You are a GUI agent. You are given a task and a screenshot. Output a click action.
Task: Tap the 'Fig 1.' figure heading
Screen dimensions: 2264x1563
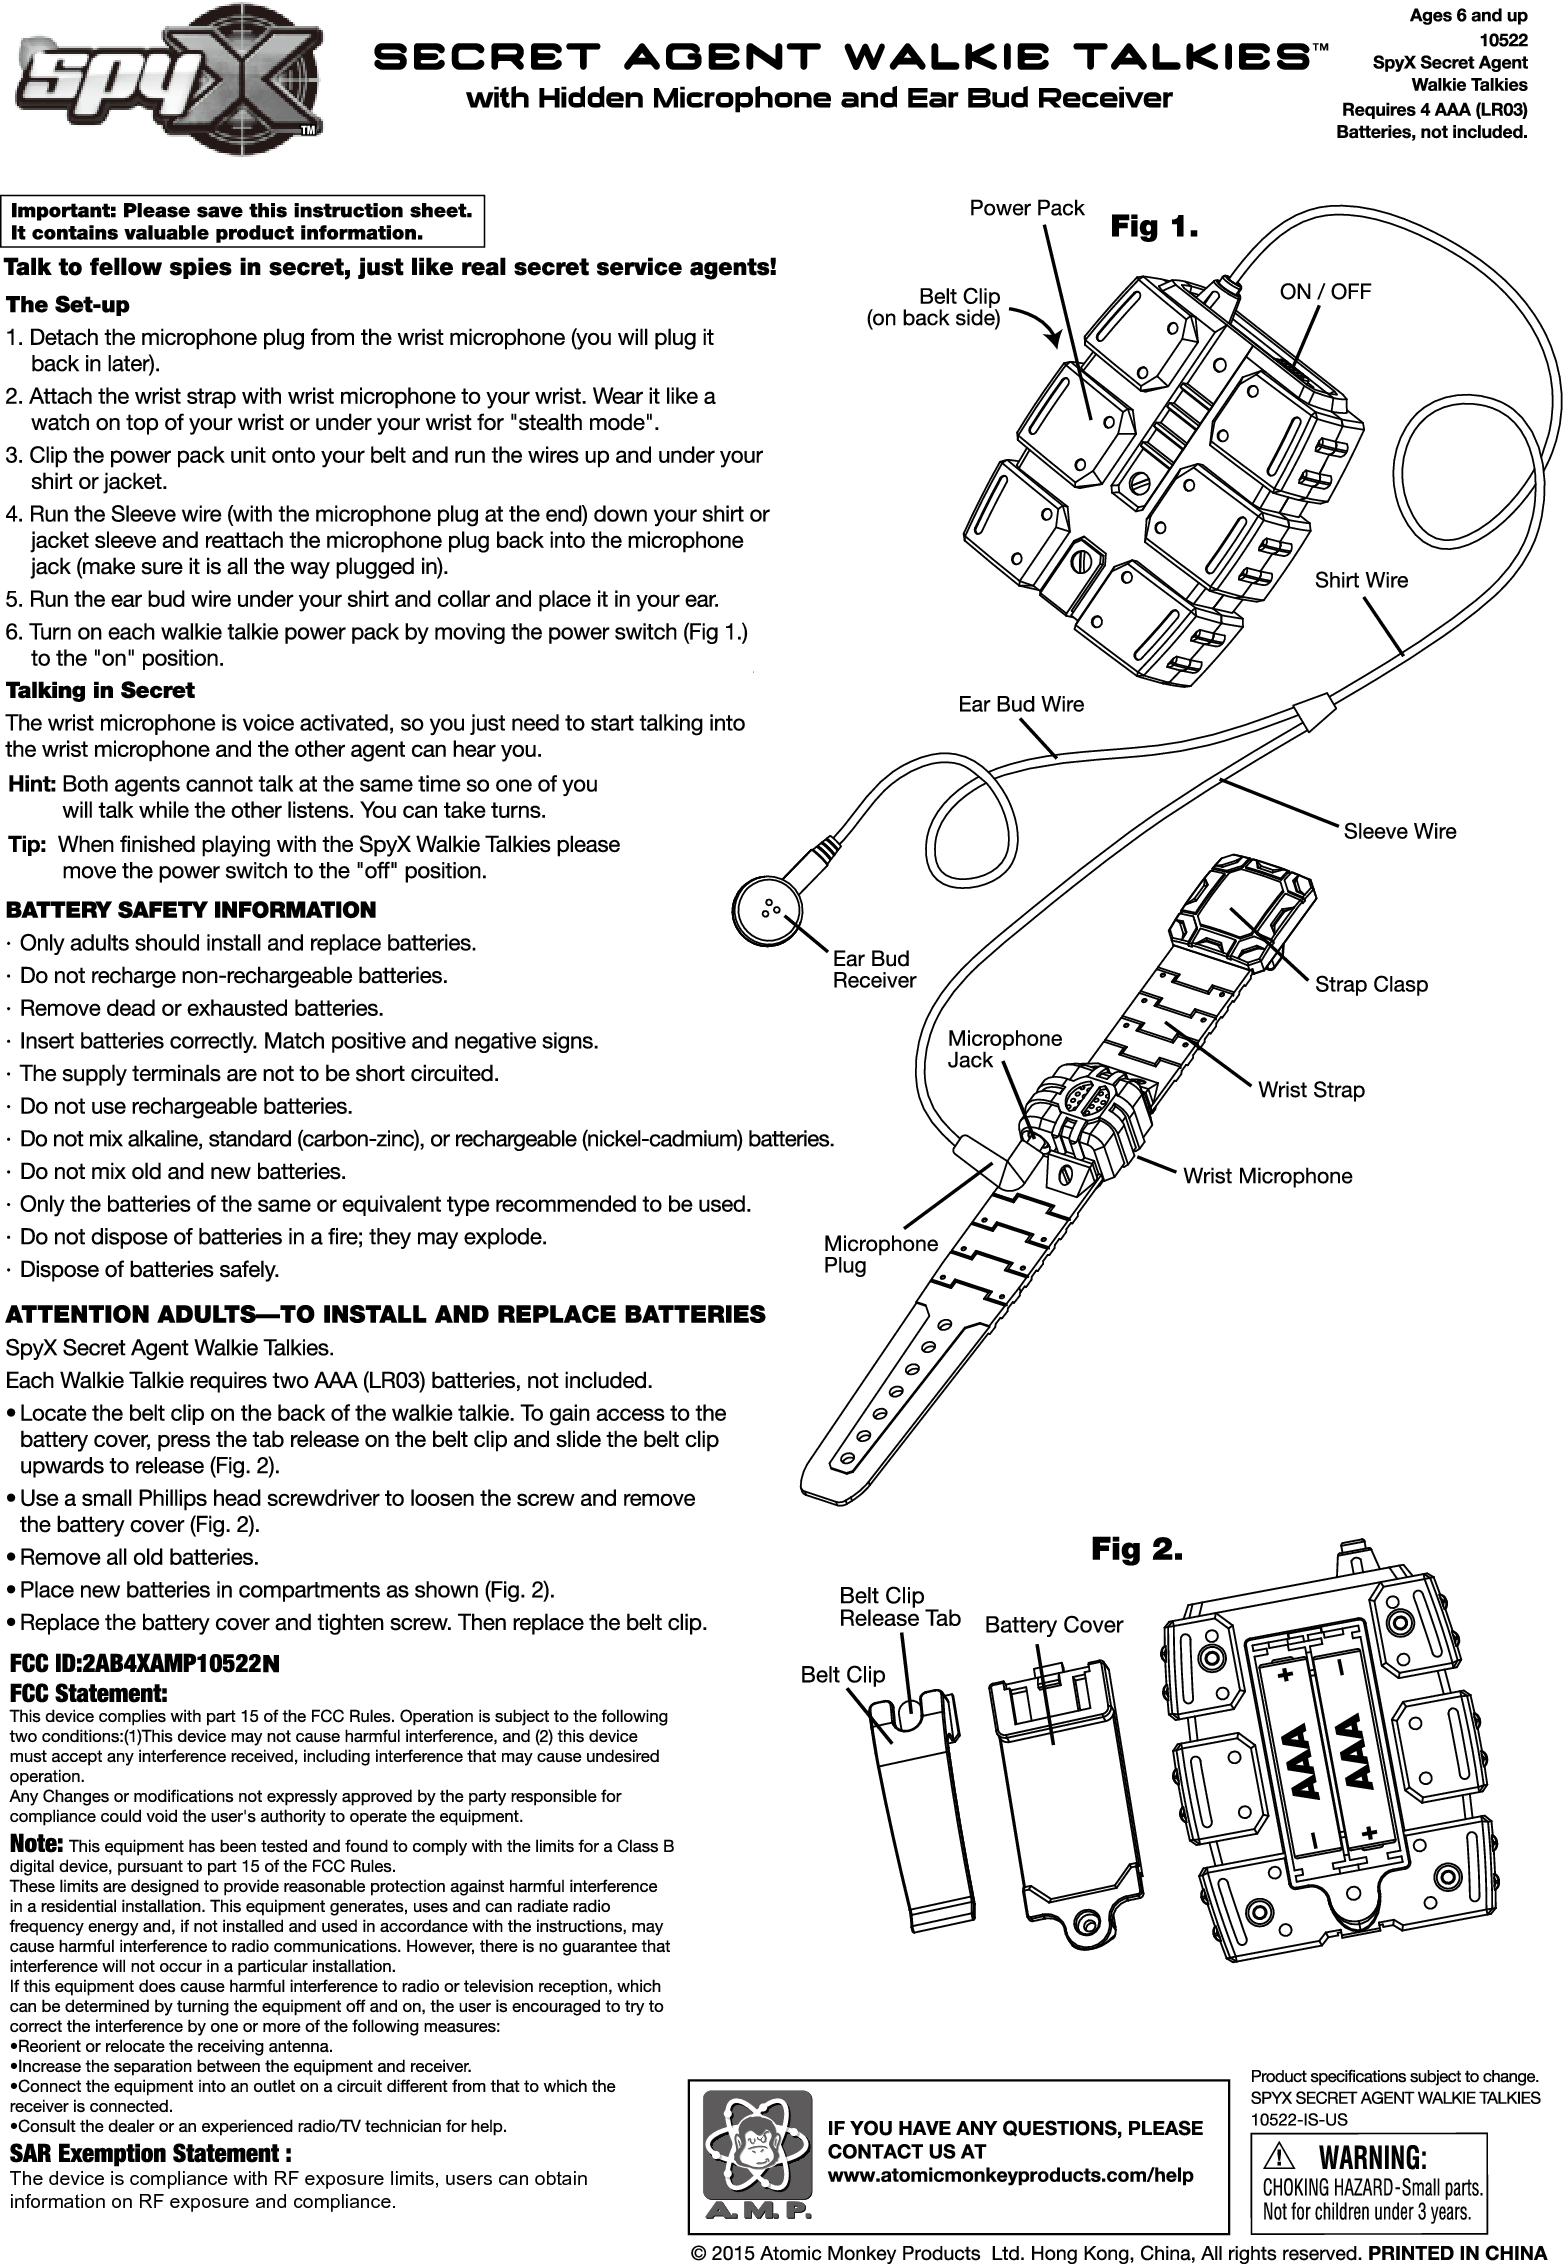[1155, 228]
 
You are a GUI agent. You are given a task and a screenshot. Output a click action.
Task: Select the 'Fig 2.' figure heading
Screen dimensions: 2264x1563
[1136, 1550]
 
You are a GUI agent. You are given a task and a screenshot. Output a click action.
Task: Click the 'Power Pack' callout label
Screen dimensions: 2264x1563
[1027, 208]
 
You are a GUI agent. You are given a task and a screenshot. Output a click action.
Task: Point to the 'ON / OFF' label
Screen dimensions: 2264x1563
[1325, 291]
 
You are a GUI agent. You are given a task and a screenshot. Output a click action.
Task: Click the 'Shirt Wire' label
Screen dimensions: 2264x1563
[1360, 580]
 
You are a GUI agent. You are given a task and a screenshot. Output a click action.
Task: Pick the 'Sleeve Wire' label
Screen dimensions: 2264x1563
[1399, 831]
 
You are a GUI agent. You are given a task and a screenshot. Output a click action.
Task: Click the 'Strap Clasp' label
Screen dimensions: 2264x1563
[1371, 984]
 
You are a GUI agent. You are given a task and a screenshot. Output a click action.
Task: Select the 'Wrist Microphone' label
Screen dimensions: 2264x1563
[1267, 1176]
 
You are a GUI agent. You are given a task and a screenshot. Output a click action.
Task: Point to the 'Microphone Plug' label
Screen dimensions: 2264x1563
[880, 1254]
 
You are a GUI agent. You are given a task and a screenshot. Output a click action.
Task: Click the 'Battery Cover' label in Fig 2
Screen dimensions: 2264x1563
[1054, 1625]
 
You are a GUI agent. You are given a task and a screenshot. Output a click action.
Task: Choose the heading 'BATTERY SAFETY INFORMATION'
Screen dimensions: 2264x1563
[192, 910]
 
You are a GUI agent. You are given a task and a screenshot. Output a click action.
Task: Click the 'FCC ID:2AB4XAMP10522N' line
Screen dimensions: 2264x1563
[144, 1664]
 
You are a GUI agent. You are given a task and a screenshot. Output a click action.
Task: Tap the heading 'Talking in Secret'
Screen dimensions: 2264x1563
[100, 691]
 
